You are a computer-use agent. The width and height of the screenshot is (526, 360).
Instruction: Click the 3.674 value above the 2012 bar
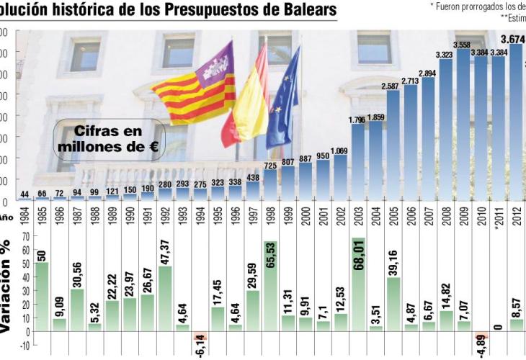coord(516,38)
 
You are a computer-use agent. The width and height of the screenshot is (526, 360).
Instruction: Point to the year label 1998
coord(271,215)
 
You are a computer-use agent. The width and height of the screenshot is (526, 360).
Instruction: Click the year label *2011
coord(498,215)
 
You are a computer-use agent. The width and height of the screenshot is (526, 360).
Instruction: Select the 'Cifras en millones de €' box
coord(110,139)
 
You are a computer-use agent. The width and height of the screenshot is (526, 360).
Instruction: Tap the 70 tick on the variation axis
coord(25,236)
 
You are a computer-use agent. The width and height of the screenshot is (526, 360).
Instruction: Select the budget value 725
coord(271,166)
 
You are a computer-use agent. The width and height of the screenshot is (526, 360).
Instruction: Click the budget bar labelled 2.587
coord(393,144)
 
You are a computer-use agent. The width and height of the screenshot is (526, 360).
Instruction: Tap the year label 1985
coord(43,215)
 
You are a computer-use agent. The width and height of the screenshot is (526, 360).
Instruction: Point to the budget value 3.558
coord(463,44)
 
